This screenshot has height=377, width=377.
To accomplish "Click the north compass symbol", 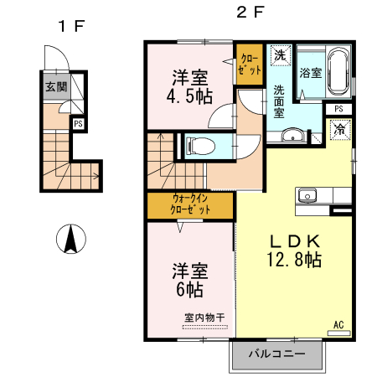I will click(x=71, y=240).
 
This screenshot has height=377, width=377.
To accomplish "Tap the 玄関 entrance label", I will click(x=56, y=86).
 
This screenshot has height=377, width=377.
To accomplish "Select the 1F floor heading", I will click(x=70, y=25).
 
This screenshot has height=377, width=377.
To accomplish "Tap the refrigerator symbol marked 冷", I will click(x=339, y=130).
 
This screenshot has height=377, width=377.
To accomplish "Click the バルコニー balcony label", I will click(x=276, y=354).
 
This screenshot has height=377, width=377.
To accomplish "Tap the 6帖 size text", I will click(x=189, y=290).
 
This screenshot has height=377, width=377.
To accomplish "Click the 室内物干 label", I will click(x=204, y=318).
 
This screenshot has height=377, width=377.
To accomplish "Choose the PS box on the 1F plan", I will click(x=78, y=124).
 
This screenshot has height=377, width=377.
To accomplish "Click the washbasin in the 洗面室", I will click(x=292, y=134).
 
